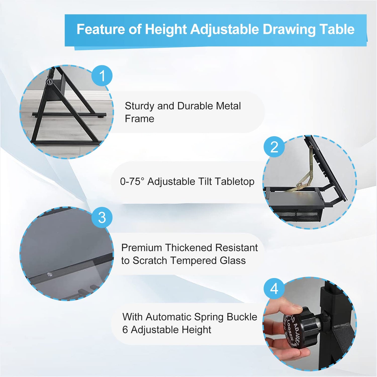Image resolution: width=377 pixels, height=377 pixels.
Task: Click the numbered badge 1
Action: pyautogui.click(x=102, y=76)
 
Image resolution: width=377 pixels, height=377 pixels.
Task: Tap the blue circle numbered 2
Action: pyautogui.click(x=274, y=147)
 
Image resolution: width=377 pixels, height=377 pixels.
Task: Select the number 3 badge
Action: pyautogui.click(x=102, y=218)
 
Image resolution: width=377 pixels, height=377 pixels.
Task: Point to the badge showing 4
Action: pyautogui.click(x=274, y=289)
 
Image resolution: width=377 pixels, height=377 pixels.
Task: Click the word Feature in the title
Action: pyautogui.click(x=101, y=29)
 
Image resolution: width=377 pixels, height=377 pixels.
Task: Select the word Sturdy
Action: pyautogui.click(x=139, y=106)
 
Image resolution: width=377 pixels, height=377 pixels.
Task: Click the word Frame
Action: pyautogui.click(x=139, y=119)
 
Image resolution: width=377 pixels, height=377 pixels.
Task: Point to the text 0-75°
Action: pyautogui.click(x=132, y=181)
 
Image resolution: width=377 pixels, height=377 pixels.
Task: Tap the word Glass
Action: pyautogui.click(x=233, y=261)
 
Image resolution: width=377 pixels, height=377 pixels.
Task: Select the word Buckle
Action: pyautogui.click(x=242, y=317)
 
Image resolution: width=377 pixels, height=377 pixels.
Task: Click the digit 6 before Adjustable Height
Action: pyautogui.click(x=125, y=330)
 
